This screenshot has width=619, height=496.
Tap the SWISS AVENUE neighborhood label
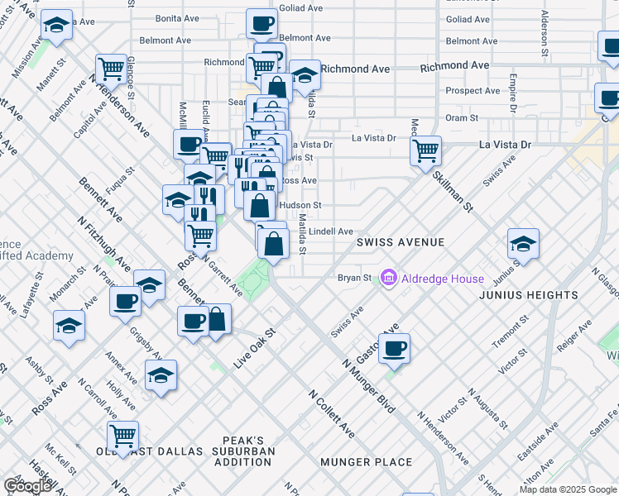pos(401,242)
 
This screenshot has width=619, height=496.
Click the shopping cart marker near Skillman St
pos(425,151)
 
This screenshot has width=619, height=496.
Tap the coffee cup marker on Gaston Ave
pos(395,347)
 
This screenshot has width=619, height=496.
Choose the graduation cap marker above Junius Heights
pos(523,245)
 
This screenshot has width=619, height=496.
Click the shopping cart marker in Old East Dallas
pos(122,435)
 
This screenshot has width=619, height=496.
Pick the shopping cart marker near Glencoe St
pos(111,69)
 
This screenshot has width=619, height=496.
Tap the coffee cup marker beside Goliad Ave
pos(262,22)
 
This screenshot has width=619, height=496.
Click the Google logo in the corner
pos(27,486)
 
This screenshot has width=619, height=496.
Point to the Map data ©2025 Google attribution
pos(568,489)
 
